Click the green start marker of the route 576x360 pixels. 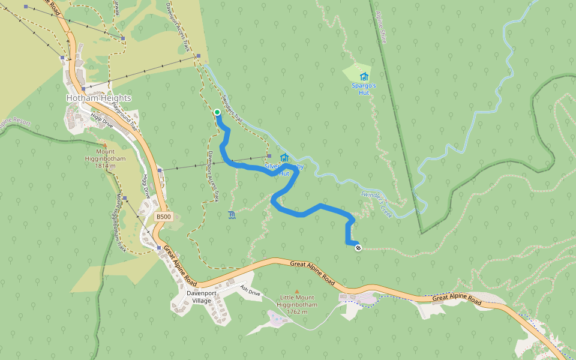(217, 112)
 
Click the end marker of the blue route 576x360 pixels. (358, 247)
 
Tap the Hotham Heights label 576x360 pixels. (98, 98)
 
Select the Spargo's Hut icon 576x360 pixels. (364, 76)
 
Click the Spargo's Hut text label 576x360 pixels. (364, 89)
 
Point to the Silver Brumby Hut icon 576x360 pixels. (284, 158)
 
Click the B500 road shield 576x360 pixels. (162, 217)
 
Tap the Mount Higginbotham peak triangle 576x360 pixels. (105, 145)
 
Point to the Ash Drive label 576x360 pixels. (250, 290)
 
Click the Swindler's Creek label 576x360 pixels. (376, 204)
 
